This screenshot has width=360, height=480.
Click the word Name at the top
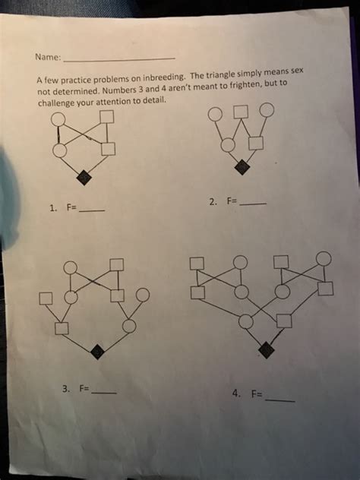(47, 57)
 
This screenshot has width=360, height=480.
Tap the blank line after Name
(119, 58)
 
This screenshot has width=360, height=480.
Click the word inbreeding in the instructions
(161, 80)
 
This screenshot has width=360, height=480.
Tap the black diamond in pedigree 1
(84, 177)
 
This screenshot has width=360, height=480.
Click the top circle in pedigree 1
(59, 118)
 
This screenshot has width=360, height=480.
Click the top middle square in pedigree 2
(241, 110)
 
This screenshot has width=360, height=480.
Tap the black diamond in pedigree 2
(242, 167)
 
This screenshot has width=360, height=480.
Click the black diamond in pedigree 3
(96, 351)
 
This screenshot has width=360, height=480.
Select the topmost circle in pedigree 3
(70, 267)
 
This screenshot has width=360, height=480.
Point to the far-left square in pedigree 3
(46, 297)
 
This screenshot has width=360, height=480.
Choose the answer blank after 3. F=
(104, 393)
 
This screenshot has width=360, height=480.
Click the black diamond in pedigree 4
(265, 349)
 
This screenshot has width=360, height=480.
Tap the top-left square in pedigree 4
(197, 264)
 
